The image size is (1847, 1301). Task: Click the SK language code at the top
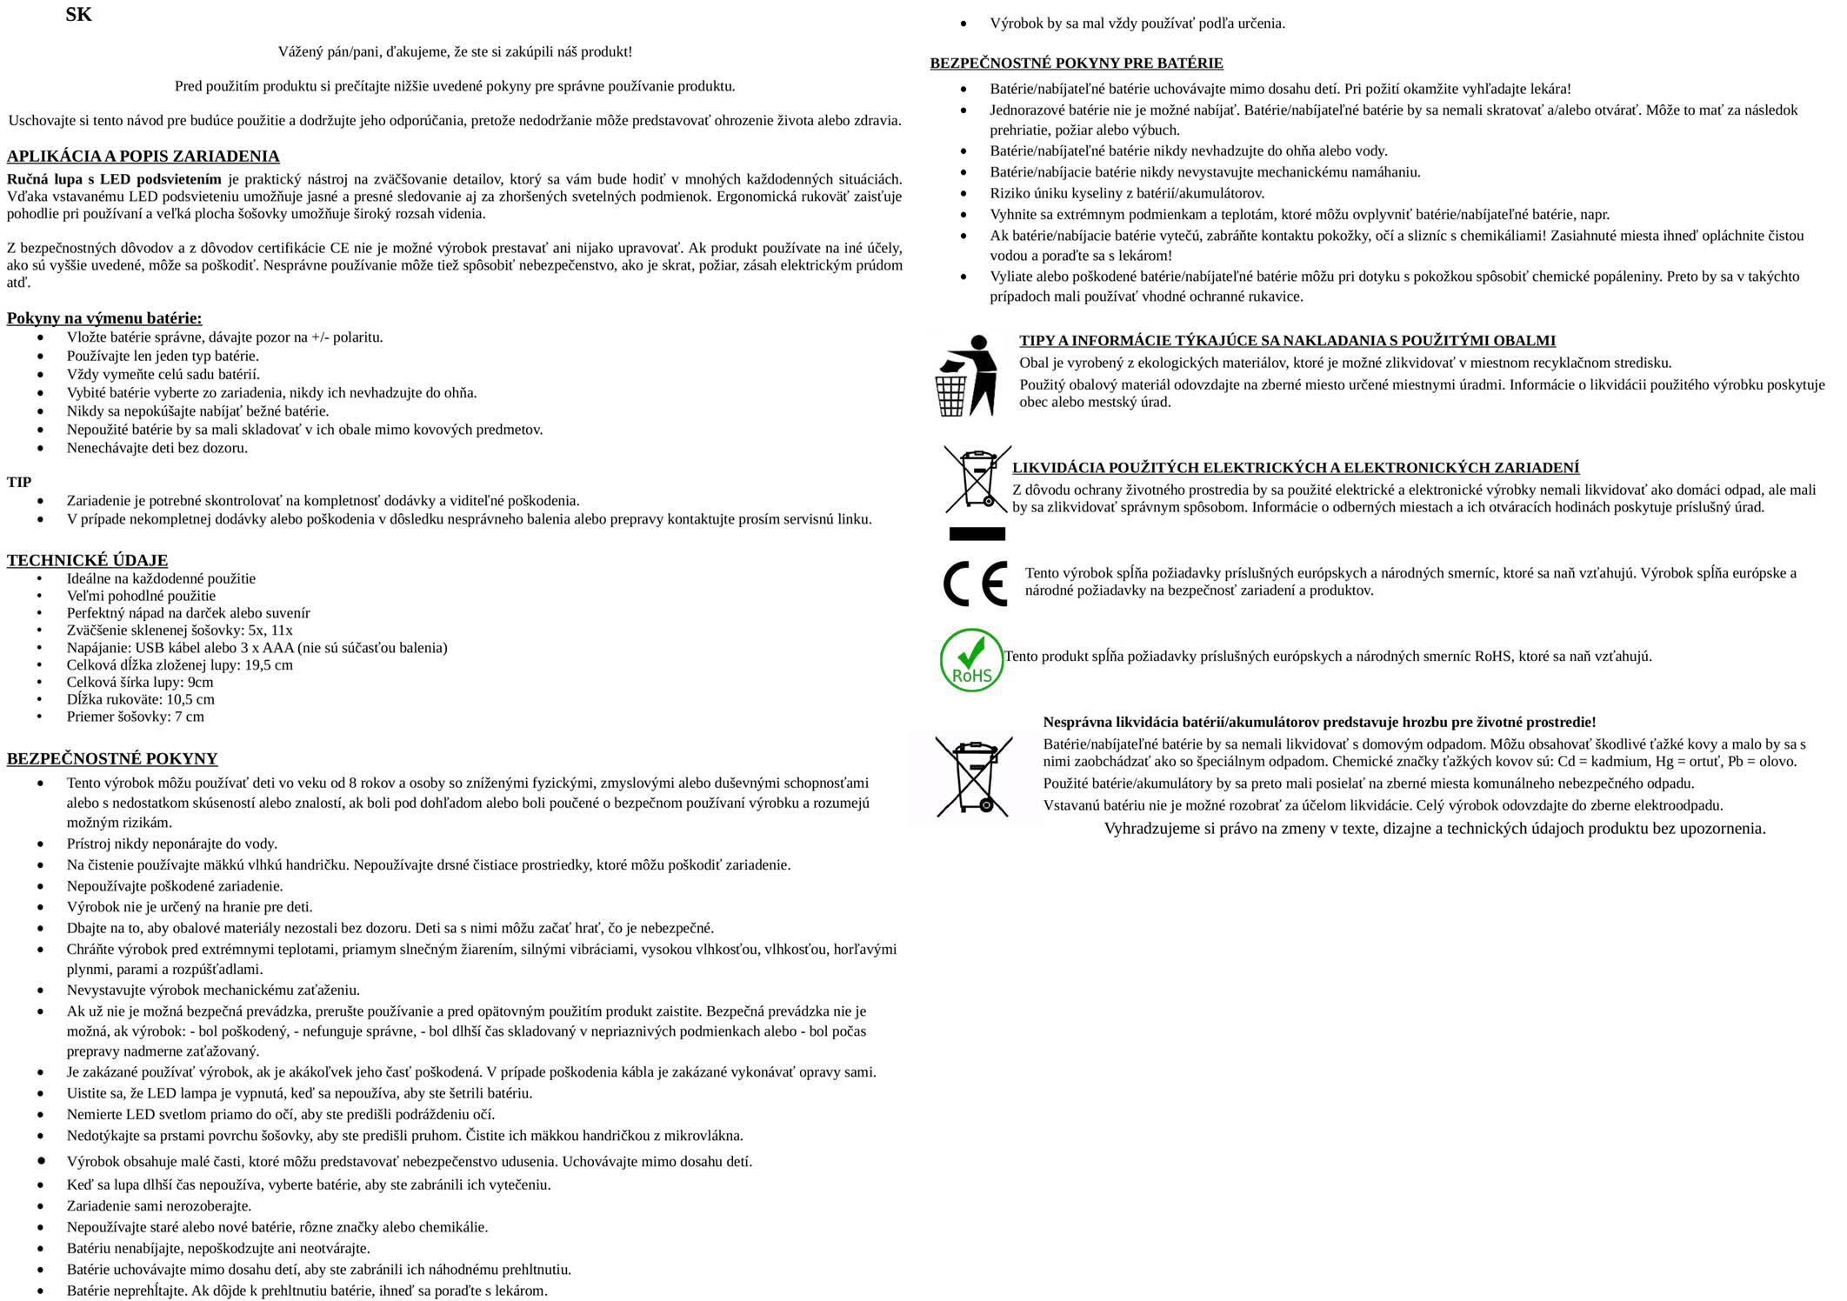click(78, 15)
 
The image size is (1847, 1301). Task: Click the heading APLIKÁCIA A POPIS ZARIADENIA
click(143, 157)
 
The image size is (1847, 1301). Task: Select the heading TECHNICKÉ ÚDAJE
click(87, 560)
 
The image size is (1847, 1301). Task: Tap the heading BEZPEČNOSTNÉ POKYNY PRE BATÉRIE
click(1076, 63)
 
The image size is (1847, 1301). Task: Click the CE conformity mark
click(975, 583)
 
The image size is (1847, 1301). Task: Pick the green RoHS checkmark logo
click(971, 661)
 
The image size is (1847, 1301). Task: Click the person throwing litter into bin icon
click(965, 376)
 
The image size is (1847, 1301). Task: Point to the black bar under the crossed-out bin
click(977, 533)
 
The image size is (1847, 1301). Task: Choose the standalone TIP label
click(19, 482)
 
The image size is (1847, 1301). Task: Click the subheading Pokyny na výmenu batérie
click(104, 318)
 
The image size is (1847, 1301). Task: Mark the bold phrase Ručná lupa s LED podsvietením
click(114, 180)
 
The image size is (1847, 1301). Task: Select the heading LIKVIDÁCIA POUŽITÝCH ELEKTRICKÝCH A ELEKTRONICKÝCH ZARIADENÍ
click(1295, 468)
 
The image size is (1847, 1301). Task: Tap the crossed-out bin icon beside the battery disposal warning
click(974, 777)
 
